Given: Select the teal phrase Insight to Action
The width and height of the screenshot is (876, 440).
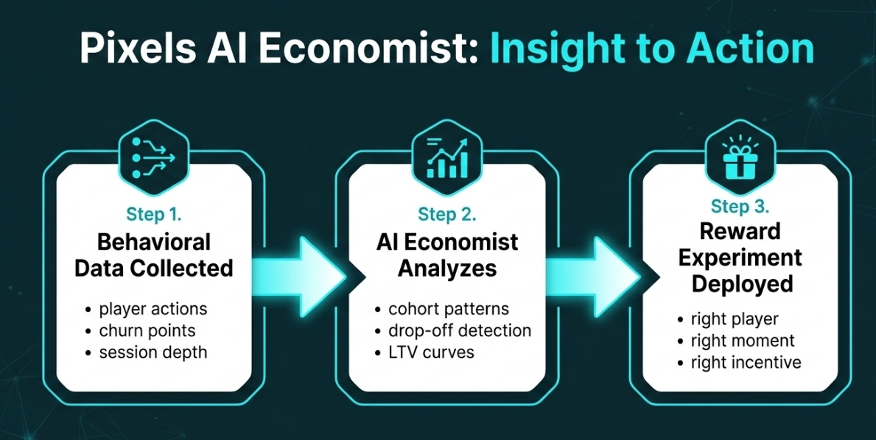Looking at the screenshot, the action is pyautogui.click(x=651, y=49).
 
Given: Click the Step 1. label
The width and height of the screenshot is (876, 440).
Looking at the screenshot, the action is pyautogui.click(x=154, y=216).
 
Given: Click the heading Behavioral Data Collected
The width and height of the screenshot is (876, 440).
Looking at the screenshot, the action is pyautogui.click(x=154, y=255).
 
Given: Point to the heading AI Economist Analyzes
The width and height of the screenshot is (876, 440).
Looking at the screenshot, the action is pyautogui.click(x=447, y=255).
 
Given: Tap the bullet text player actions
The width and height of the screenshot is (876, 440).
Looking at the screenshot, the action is pyautogui.click(x=153, y=308).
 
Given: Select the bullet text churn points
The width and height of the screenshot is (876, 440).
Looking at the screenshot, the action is pyautogui.click(x=147, y=330).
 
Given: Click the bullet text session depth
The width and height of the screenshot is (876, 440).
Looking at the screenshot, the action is pyautogui.click(x=153, y=352).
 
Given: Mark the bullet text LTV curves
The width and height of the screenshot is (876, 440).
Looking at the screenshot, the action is pyautogui.click(x=432, y=352).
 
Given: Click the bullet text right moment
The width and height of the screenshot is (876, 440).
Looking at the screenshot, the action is pyautogui.click(x=743, y=341).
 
